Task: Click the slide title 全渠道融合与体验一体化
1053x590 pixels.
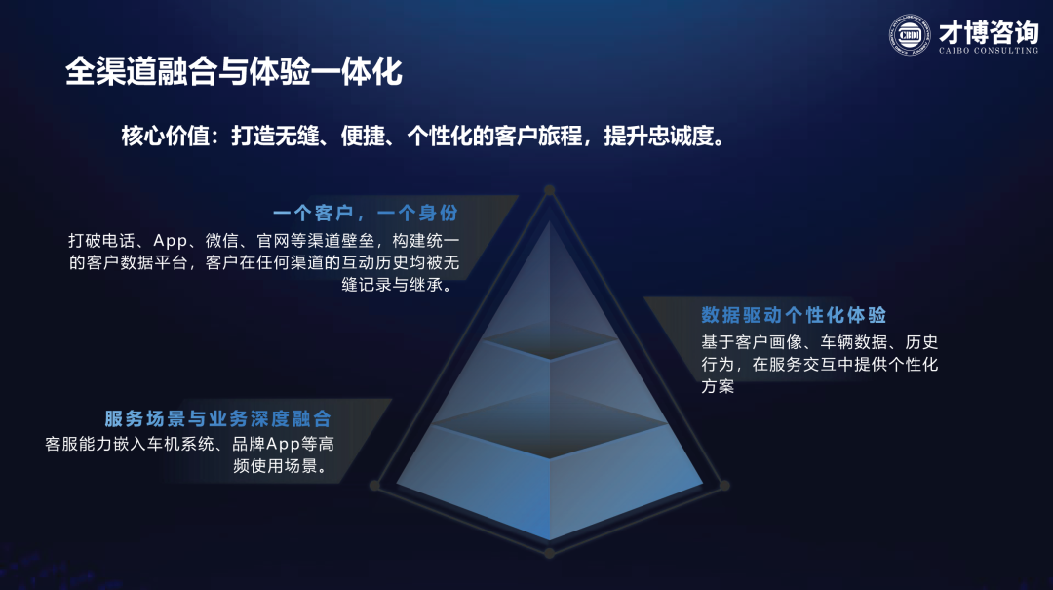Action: [234, 72]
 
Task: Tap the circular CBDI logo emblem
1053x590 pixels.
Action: [910, 35]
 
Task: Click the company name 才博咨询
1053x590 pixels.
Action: [989, 31]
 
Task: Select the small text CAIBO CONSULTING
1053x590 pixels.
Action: [989, 51]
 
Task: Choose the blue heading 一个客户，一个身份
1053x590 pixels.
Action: [366, 213]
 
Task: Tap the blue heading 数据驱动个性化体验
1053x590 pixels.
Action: [794, 314]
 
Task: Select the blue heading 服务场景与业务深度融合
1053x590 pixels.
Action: [217, 418]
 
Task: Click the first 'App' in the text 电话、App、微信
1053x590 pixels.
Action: [170, 241]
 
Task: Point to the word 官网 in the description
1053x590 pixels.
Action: [273, 241]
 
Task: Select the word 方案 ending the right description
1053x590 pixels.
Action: [718, 386]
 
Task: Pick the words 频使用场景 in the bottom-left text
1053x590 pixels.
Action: [275, 466]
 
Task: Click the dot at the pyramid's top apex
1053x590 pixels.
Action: [549, 190]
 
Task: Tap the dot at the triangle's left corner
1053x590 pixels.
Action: [374, 485]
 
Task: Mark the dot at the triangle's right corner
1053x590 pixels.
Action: [723, 485]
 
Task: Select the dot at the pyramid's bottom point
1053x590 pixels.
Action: [549, 553]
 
